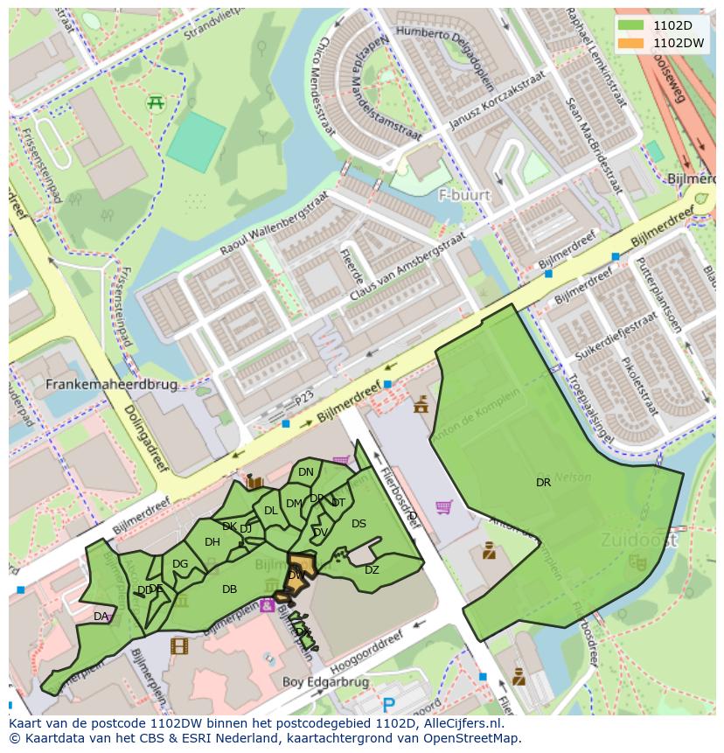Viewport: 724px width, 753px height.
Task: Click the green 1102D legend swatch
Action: click(630, 25)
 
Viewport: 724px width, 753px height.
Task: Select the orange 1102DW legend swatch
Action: click(630, 42)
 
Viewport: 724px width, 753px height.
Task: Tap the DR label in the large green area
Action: click(543, 482)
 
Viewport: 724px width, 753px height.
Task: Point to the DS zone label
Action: click(359, 524)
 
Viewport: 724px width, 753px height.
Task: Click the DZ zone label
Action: click(372, 570)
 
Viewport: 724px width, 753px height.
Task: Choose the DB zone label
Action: click(229, 589)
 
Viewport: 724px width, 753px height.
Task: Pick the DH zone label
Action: click(212, 542)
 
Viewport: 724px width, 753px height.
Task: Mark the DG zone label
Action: click(180, 564)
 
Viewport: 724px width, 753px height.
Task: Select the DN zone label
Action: click(305, 472)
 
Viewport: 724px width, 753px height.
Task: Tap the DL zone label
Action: click(270, 511)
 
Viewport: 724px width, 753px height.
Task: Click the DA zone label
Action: click(101, 617)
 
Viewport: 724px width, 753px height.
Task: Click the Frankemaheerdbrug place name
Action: click(111, 384)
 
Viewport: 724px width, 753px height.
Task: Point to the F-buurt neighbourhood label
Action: click(464, 195)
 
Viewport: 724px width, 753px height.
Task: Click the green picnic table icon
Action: click(157, 102)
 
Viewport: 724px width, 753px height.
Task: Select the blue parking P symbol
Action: click(389, 705)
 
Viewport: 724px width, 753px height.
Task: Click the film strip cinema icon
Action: click(179, 646)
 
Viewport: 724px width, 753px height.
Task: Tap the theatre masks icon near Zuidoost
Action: click(637, 562)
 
